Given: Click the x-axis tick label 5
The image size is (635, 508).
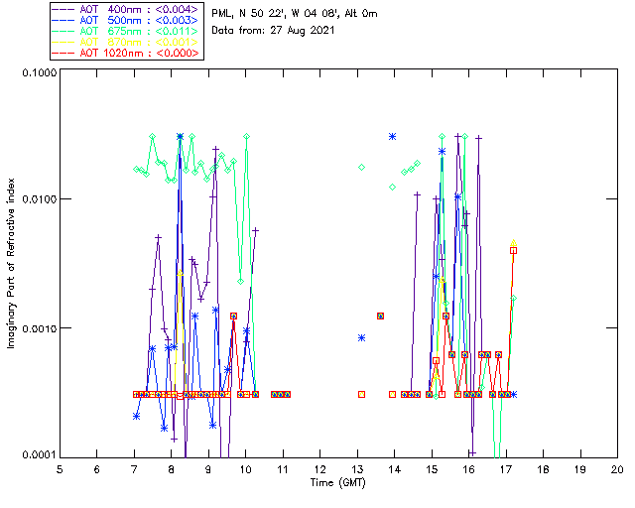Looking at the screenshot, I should [x=60, y=468].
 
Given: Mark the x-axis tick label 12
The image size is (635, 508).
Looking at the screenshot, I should [x=319, y=468].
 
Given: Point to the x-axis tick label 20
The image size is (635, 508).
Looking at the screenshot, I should [x=617, y=468].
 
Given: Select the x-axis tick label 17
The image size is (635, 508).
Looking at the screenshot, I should [x=506, y=468].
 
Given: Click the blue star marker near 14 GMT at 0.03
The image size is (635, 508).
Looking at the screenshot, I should [x=393, y=137].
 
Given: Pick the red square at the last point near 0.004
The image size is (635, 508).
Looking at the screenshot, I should [x=513, y=250].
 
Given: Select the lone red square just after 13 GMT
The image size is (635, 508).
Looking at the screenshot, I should [x=362, y=394].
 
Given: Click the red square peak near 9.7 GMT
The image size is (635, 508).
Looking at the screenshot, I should [x=233, y=316].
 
